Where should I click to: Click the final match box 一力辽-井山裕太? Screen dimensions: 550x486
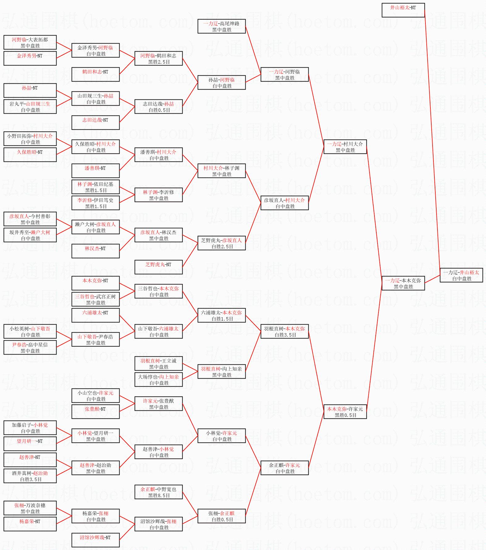pos(461,275)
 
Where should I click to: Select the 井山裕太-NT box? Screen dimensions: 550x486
pos(403,10)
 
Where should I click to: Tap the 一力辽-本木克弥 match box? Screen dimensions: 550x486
pos(403,283)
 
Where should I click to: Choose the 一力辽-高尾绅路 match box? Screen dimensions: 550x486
pos(222,26)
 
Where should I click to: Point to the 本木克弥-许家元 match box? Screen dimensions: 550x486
pos(345,412)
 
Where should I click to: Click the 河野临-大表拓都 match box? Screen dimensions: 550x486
pos(30,42)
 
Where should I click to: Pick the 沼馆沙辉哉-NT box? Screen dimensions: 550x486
pos(95,540)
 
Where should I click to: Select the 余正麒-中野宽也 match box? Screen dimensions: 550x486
pos(158,492)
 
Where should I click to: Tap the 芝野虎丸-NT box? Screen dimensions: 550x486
pos(158,267)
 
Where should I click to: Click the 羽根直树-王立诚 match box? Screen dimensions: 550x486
pos(158,363)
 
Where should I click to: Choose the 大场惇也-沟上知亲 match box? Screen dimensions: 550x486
pos(158,380)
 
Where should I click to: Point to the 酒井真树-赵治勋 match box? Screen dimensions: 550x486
pos(30,476)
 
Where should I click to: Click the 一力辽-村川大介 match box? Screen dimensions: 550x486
pos(345,147)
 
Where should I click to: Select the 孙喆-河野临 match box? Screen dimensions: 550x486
pos(222,82)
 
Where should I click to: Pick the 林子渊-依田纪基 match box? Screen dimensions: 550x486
pos(95,187)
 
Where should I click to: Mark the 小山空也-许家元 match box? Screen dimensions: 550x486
pos(95,396)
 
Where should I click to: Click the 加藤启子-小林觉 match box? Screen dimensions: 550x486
pos(30,428)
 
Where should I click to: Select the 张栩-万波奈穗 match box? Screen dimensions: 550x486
pos(30,508)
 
